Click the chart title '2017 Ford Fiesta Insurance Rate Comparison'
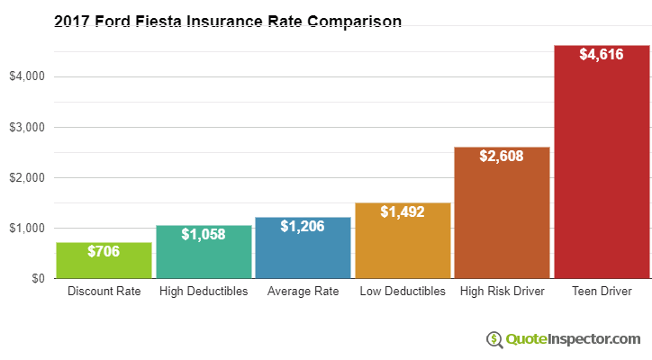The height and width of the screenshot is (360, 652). (227, 21)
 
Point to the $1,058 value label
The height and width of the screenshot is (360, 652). (204, 234)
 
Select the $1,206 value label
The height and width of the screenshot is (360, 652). (303, 227)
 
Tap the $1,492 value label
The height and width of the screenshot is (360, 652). (403, 212)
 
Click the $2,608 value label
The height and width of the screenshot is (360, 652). (502, 156)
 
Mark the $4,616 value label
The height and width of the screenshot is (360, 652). (601, 55)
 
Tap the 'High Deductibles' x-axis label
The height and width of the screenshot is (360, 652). (204, 292)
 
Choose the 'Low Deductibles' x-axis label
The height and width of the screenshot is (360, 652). (403, 292)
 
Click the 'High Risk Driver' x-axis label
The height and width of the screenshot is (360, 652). (502, 292)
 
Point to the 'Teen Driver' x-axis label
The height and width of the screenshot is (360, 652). (601, 292)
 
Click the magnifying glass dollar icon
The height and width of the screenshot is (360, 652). (494, 339)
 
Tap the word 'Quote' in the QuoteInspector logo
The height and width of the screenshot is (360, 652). (527, 339)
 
